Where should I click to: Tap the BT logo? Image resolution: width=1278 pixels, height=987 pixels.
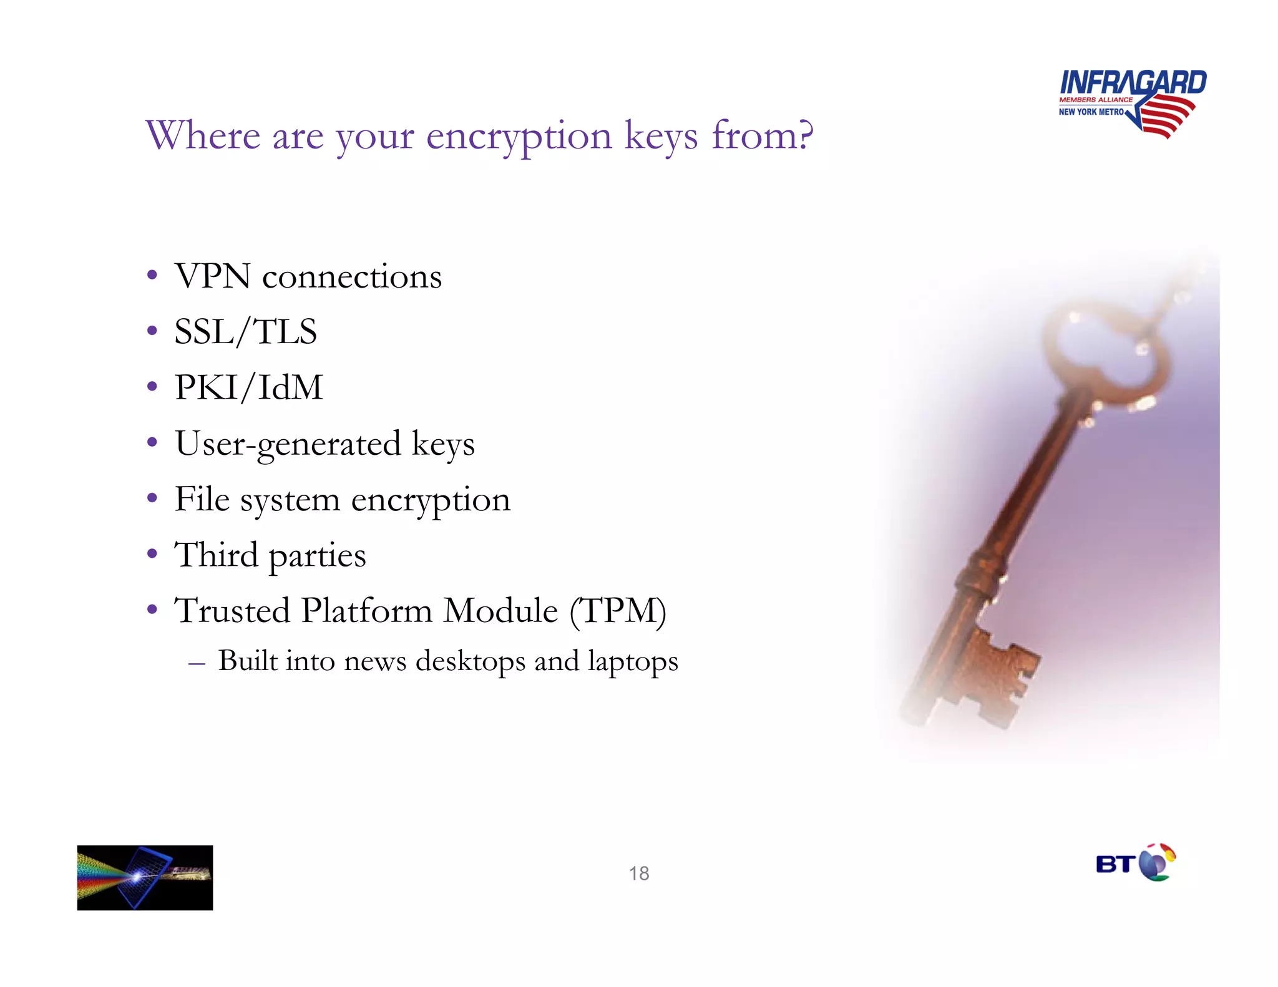pyautogui.click(x=1135, y=863)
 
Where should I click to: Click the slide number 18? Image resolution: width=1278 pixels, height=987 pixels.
pyautogui.click(x=638, y=873)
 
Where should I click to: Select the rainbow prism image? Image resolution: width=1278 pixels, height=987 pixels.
pyautogui.click(x=145, y=877)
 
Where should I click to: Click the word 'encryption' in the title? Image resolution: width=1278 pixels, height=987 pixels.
pyautogui.click(x=519, y=135)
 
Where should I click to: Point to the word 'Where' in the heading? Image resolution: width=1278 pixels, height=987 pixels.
pyautogui.click(x=203, y=135)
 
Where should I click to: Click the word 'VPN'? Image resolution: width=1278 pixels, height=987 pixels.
pyautogui.click(x=213, y=276)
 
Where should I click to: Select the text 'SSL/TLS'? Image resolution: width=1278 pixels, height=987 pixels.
pyautogui.click(x=245, y=332)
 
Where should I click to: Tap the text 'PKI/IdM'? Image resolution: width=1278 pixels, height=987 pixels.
pyautogui.click(x=248, y=387)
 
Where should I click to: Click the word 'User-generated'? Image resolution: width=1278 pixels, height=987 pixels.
pyautogui.click(x=288, y=444)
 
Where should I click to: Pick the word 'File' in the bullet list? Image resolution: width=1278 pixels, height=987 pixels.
pyautogui.click(x=202, y=499)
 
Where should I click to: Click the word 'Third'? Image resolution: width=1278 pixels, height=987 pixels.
pyautogui.click(x=216, y=555)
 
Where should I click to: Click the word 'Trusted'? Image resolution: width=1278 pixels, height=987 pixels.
pyautogui.click(x=232, y=611)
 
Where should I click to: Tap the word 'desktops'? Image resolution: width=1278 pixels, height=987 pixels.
pyautogui.click(x=471, y=661)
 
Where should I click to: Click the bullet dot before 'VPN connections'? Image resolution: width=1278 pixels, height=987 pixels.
pyautogui.click(x=152, y=275)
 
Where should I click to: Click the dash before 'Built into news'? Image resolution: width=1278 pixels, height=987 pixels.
pyautogui.click(x=197, y=664)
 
